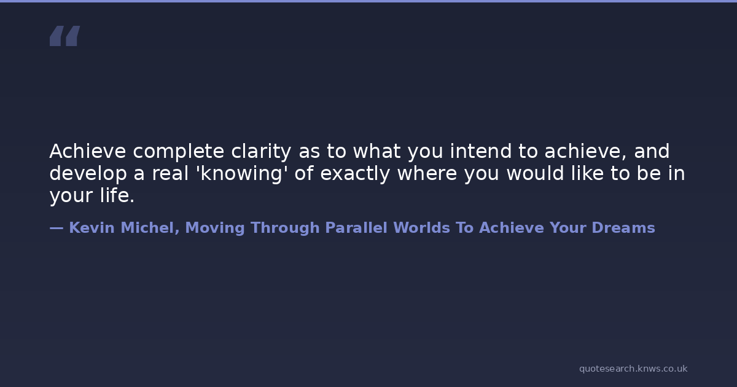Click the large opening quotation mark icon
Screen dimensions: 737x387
(65, 36)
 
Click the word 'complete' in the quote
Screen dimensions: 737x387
(178, 152)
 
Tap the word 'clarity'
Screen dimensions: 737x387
(261, 152)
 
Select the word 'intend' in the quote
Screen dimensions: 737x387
(481, 151)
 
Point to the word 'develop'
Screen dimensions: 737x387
(88, 174)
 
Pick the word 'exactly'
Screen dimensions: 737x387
(355, 174)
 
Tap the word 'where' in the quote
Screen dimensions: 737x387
(427, 173)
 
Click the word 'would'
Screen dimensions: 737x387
(536, 173)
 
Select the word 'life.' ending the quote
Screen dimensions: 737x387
(117, 195)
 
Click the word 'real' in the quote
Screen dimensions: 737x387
(170, 173)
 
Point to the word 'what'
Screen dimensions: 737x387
(377, 151)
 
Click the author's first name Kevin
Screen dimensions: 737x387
(92, 228)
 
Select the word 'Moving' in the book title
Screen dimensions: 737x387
(215, 229)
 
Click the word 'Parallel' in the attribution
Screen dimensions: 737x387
(356, 228)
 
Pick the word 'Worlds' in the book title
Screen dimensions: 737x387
(422, 228)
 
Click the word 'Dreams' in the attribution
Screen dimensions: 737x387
(623, 228)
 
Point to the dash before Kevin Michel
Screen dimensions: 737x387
(57, 228)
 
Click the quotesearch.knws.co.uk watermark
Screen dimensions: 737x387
(633, 369)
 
